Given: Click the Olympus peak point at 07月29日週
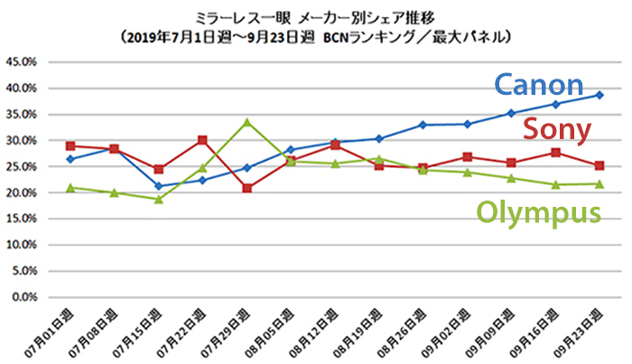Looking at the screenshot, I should [246, 122].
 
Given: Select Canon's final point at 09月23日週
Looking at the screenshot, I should [599, 95].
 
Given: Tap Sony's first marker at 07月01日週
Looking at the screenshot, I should [70, 145].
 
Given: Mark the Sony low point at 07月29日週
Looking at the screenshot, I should [246, 188].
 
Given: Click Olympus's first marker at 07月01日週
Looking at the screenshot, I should [70, 188].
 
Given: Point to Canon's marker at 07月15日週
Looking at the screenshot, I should [159, 186].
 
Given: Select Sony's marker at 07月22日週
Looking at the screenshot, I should [202, 140].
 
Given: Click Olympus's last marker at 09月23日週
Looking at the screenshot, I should [599, 183].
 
